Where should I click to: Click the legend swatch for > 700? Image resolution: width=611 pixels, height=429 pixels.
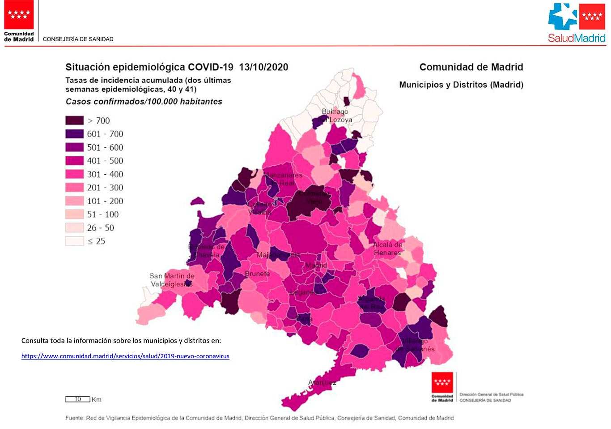coord(74,120)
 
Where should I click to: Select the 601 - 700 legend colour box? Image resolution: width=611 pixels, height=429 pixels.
coord(74,134)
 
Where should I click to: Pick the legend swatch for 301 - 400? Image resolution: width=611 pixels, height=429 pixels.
coord(74,174)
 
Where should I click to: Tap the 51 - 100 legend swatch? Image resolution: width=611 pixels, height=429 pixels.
coord(74,214)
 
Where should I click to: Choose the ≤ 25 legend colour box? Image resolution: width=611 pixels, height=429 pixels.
coord(74,241)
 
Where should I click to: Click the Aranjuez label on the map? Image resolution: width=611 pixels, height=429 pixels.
coord(322,382)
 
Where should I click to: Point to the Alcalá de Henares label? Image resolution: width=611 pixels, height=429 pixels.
coord(387,249)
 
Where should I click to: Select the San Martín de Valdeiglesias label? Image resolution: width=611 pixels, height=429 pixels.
coord(172,280)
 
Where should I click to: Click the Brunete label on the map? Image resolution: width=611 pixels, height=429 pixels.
coord(257,274)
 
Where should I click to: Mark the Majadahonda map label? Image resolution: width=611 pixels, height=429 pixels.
coord(278,255)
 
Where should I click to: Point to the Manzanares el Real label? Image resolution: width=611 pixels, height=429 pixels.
coord(283,179)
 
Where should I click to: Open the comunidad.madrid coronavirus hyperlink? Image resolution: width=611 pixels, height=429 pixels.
coord(125,356)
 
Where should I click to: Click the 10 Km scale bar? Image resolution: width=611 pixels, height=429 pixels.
coord(78,399)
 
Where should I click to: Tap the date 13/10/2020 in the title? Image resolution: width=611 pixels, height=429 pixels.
coord(263,67)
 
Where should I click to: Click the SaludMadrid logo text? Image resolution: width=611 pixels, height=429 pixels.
coord(577,39)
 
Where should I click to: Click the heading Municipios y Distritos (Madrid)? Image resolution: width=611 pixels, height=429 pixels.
coord(461,85)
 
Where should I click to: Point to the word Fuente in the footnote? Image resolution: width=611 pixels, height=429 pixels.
coord(74,418)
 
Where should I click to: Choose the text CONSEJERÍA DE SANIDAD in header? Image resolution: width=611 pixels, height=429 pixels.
coord(78,39)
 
